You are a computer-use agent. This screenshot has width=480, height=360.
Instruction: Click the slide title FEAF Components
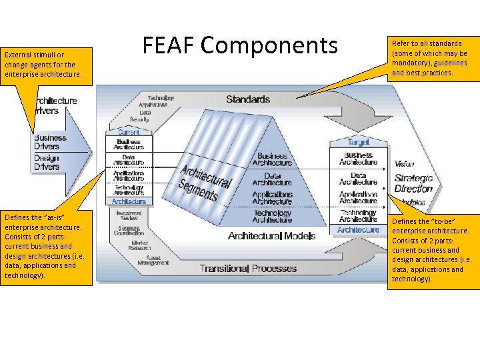pos(241,45)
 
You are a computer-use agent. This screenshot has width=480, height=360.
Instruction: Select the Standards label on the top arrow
pos(248,99)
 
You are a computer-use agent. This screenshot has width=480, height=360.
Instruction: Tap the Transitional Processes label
pos(248,269)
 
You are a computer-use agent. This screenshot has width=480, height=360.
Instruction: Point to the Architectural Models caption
pos(271,236)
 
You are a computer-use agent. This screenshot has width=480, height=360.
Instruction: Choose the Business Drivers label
pos(47,142)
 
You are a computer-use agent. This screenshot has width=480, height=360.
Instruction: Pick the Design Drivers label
pos(47,162)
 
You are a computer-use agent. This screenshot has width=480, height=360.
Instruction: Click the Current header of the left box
pos(129,132)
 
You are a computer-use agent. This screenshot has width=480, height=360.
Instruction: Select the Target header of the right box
pos(358,142)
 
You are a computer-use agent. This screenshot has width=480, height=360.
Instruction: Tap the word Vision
pos(404,164)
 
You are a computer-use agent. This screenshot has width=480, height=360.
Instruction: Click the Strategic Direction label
pos(413,183)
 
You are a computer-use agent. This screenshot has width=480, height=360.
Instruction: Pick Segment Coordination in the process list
pos(129,230)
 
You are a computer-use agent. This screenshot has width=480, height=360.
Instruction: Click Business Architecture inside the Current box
pos(129,144)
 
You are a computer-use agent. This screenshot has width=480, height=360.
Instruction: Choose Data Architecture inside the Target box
pos(358,179)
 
